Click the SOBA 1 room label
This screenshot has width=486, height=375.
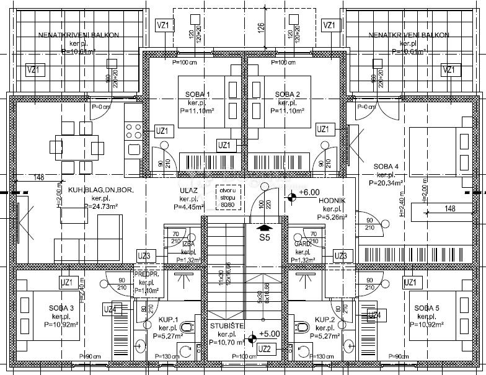(x=198, y=94)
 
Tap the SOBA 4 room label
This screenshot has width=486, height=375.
(x=385, y=167)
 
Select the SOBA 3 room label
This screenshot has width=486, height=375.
(x=61, y=308)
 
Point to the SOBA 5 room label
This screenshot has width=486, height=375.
(x=426, y=308)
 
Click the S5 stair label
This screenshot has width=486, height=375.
(x=265, y=237)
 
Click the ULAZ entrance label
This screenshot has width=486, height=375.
(x=188, y=191)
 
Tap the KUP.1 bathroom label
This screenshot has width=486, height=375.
(x=169, y=320)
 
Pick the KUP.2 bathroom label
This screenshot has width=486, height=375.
(x=325, y=320)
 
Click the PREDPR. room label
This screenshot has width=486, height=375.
(x=146, y=273)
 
